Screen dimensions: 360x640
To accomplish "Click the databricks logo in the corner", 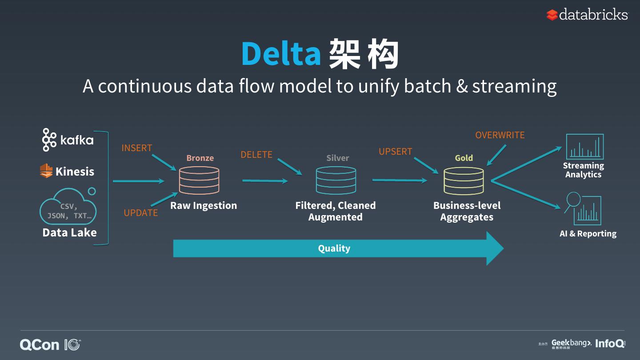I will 587,15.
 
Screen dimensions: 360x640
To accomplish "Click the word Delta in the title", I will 281,53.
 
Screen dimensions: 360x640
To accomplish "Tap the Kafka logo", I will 68,140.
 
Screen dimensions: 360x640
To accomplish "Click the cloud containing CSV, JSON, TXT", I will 69,210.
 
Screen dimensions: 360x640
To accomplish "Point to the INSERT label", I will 137,148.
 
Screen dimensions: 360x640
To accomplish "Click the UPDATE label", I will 140,213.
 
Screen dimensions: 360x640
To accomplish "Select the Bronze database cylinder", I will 199,180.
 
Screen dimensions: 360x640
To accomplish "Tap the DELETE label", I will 256,155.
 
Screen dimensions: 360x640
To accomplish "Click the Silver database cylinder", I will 336,180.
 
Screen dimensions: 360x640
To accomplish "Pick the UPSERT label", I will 396,152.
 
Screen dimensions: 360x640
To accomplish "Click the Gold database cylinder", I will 464,180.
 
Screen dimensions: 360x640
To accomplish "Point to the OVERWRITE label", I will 500,135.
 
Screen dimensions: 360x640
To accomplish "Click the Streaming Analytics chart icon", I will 584,147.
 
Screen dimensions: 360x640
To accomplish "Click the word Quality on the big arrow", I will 334,248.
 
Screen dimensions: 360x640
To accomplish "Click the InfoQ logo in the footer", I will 610,343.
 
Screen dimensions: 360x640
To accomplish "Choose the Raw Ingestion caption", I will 204,205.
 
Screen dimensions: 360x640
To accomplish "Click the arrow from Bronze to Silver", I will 265,181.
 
